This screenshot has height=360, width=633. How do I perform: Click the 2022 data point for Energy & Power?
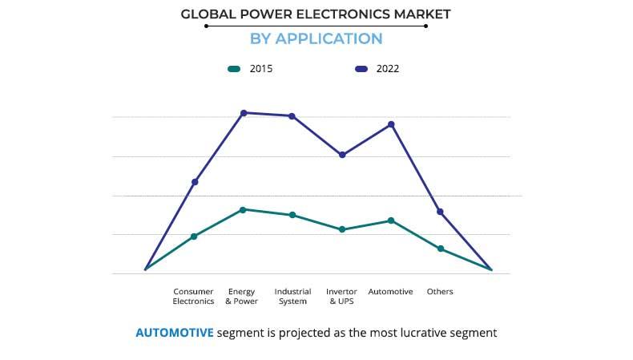[x=243, y=113]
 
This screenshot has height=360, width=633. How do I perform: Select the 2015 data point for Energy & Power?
[x=243, y=209]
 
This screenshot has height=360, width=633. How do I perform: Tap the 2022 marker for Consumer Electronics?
[x=194, y=182]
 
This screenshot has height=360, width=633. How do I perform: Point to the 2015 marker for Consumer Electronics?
[x=194, y=237]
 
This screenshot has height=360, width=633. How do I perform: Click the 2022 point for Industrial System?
[x=292, y=116]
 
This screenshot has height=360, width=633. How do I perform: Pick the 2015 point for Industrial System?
[x=292, y=215]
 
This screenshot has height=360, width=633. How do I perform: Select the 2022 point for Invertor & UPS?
[x=342, y=155]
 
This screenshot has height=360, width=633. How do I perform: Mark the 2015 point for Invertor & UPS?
[x=342, y=229]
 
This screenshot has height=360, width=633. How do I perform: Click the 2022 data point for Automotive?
[x=391, y=124]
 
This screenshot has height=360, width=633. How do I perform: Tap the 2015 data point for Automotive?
[x=391, y=220]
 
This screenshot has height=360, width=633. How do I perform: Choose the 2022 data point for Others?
[x=440, y=212]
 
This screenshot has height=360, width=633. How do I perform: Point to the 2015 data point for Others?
[x=440, y=249]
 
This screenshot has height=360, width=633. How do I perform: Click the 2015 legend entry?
[x=250, y=69]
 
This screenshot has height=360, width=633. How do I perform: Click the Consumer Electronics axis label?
[x=194, y=297]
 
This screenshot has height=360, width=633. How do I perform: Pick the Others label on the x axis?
[x=440, y=292]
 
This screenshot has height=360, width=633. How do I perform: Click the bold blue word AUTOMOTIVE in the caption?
[x=175, y=333]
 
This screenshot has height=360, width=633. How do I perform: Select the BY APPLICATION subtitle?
[x=316, y=38]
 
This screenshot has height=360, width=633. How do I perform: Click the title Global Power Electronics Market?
[x=316, y=14]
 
